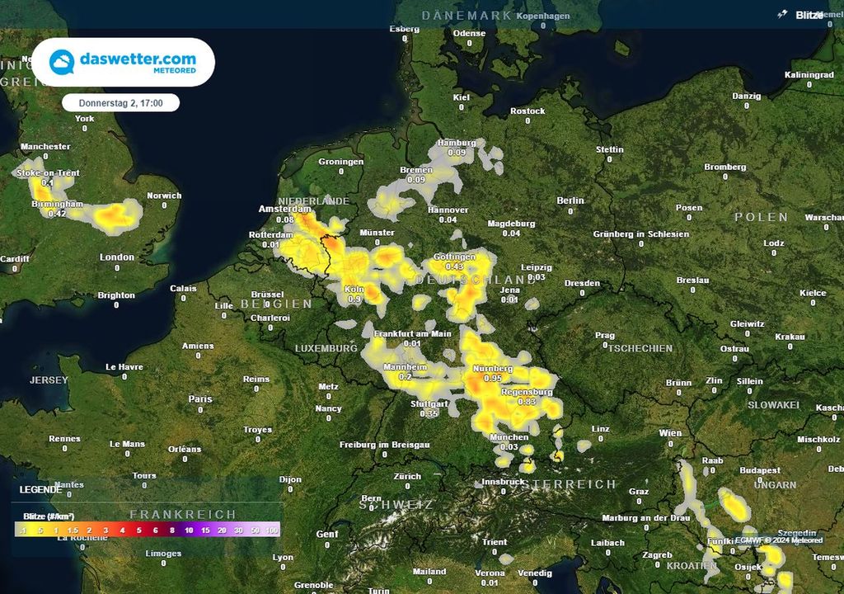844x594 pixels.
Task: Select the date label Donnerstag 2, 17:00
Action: (x=121, y=104)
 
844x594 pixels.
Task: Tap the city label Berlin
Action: (x=570, y=200)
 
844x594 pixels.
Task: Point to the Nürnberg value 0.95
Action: (x=493, y=378)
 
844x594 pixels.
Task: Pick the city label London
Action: (x=116, y=257)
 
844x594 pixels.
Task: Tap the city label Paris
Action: (x=200, y=398)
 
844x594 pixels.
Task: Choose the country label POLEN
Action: (x=762, y=217)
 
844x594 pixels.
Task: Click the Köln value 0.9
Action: (x=355, y=299)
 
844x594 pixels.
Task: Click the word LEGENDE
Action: (x=40, y=489)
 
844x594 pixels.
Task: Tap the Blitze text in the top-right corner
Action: (x=809, y=15)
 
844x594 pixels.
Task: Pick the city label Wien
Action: (x=670, y=433)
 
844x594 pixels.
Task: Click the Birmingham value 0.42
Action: (x=57, y=214)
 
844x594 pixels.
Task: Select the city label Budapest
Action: (x=760, y=470)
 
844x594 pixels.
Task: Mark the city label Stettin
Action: (x=610, y=149)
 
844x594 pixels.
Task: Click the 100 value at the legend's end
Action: (x=273, y=530)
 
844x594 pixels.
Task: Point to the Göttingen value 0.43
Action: (x=454, y=267)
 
